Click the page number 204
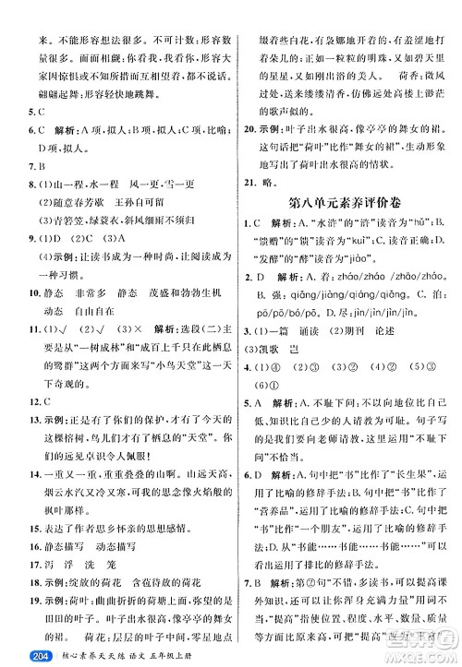[20, 656]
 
